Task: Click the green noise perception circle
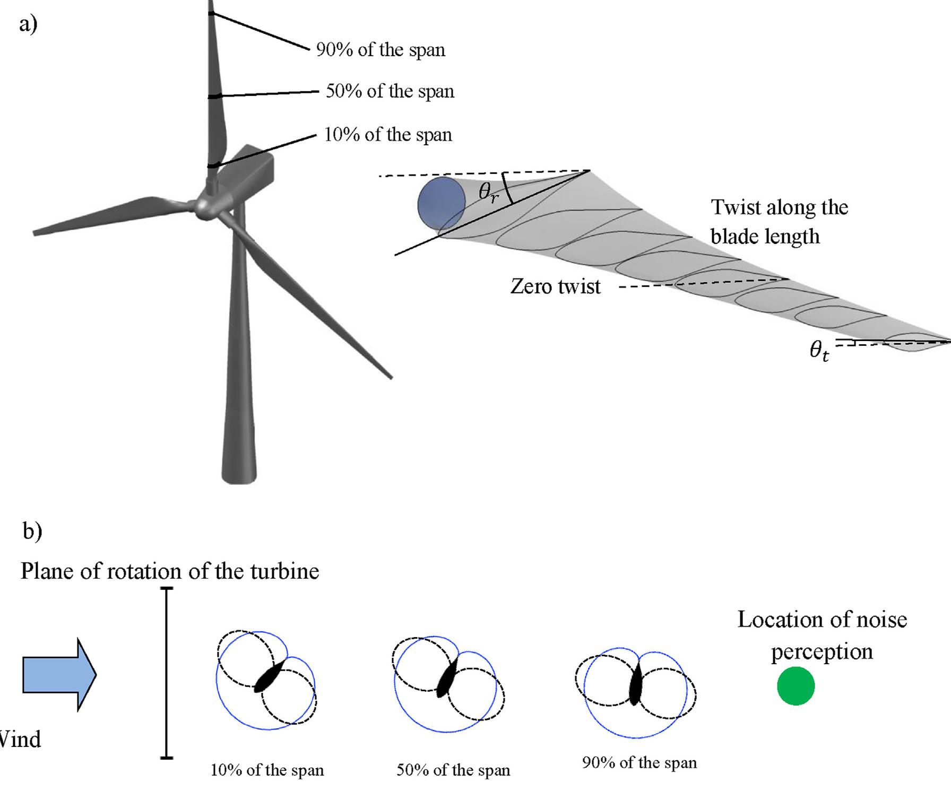[x=796, y=686]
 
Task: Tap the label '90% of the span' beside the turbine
[x=381, y=50]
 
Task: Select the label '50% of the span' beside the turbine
[x=390, y=91]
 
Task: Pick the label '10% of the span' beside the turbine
[x=388, y=135]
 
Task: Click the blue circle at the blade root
[x=442, y=204]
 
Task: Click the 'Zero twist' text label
[x=555, y=286]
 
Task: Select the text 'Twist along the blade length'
[x=779, y=221]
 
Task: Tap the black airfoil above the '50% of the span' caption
[x=447, y=679]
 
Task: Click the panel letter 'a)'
[x=28, y=24]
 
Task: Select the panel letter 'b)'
[x=32, y=531]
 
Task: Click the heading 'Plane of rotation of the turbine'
[x=170, y=571]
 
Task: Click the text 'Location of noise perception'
[x=822, y=635]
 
